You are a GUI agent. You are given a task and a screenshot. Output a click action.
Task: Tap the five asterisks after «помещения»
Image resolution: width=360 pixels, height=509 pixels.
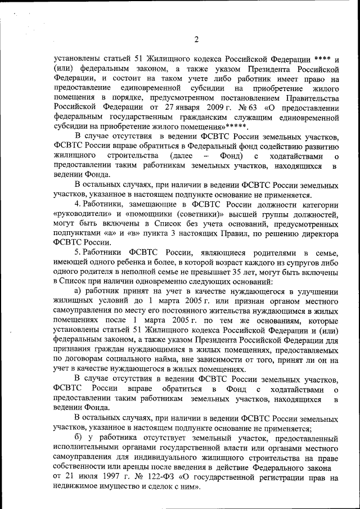tap(236, 128)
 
